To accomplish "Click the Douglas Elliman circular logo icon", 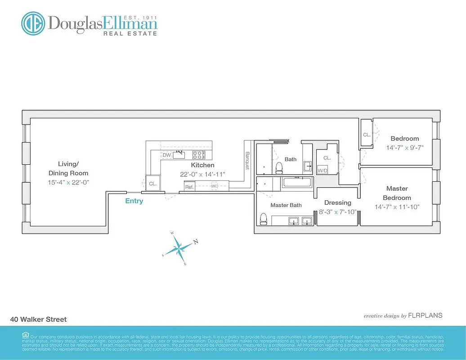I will (33, 23).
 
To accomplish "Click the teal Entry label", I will (134, 201).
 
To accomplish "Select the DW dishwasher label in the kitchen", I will (167, 155).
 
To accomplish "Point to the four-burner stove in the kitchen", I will (198, 155).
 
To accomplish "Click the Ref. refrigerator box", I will (189, 186).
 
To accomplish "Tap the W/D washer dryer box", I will (323, 171).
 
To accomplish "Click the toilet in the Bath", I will (279, 168).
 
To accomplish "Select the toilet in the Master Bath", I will (264, 219).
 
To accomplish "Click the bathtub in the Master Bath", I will (296, 182).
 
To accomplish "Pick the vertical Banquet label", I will (247, 159).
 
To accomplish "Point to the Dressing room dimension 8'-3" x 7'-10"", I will (337, 211).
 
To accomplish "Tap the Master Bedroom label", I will (397, 193).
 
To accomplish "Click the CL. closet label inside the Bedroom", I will (367, 135).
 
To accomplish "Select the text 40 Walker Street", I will (38, 319).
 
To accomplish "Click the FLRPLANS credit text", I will (425, 316).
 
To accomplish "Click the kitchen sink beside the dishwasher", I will (180, 154).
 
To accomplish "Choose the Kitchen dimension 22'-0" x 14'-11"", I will (202, 174).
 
